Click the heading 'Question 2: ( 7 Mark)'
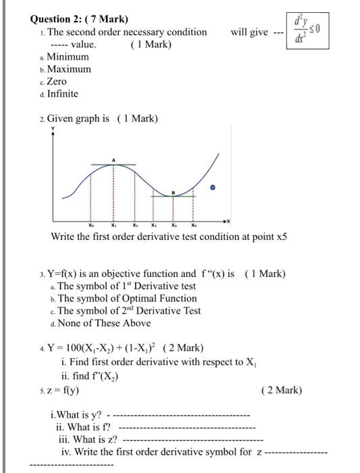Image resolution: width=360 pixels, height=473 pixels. [x=70, y=19]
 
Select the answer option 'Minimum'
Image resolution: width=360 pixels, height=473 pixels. [x=67, y=57]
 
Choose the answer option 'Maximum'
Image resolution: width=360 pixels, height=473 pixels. [x=68, y=69]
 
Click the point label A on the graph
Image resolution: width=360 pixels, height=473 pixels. [x=114, y=159]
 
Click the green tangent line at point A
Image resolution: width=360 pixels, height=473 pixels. [x=113, y=164]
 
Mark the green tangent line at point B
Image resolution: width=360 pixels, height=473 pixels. [x=174, y=196]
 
